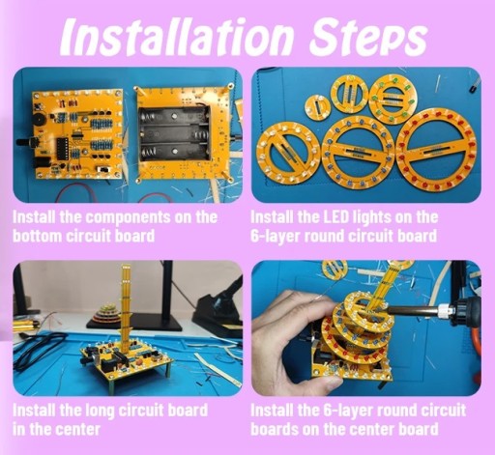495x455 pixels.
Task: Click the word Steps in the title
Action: [367, 38]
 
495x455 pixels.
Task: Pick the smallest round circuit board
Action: [317, 106]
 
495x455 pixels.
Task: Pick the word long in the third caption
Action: [100, 411]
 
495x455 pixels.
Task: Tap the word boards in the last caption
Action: [272, 430]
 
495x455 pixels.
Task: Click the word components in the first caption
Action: [130, 218]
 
